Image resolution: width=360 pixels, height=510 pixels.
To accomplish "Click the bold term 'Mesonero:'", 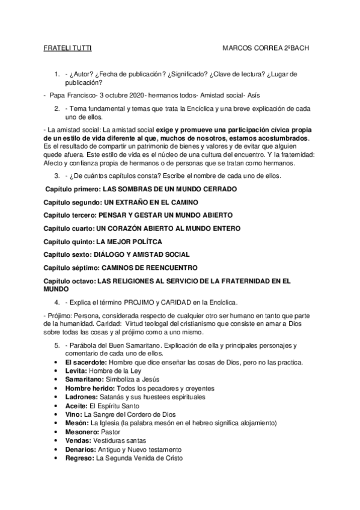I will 83,432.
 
